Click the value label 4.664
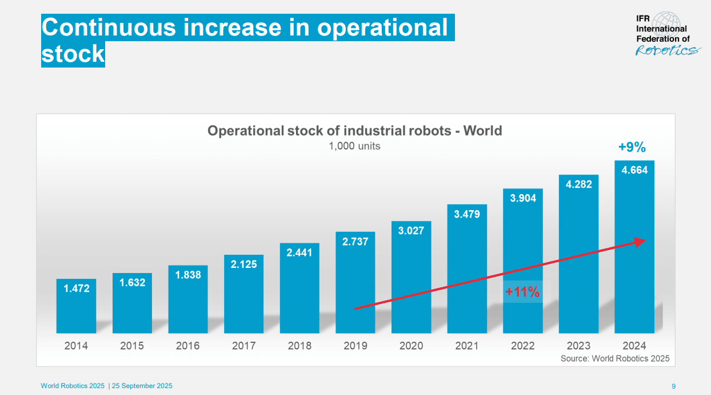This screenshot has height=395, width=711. click(x=634, y=170)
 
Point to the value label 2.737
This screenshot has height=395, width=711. click(x=355, y=242)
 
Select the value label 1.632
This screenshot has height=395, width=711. click(x=132, y=283)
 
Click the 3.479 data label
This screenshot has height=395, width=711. click(x=467, y=214)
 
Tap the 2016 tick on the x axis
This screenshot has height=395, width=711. click(x=187, y=346)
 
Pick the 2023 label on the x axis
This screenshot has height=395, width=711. click(x=578, y=346)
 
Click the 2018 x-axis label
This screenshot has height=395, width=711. click(x=299, y=346)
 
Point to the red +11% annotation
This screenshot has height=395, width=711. click(x=522, y=292)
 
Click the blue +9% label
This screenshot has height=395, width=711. click(x=632, y=148)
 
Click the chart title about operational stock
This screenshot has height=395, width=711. click(x=354, y=131)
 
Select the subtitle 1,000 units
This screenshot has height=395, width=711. click(x=354, y=146)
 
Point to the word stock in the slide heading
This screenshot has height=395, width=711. click(x=73, y=54)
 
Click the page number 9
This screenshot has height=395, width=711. click(x=673, y=386)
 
